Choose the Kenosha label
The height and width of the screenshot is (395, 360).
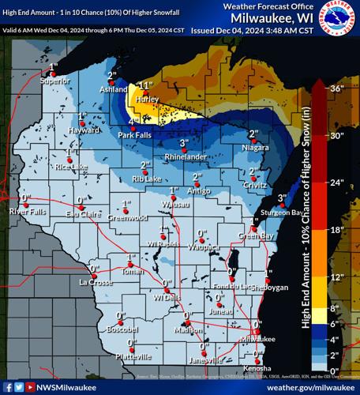[257, 368]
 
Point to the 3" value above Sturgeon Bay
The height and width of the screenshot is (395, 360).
[282, 197]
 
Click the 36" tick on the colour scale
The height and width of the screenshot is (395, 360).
[337, 88]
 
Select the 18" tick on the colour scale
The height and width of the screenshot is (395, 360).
[337, 230]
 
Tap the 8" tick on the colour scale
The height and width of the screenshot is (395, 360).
[337, 307]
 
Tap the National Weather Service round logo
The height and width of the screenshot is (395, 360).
[340, 17]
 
